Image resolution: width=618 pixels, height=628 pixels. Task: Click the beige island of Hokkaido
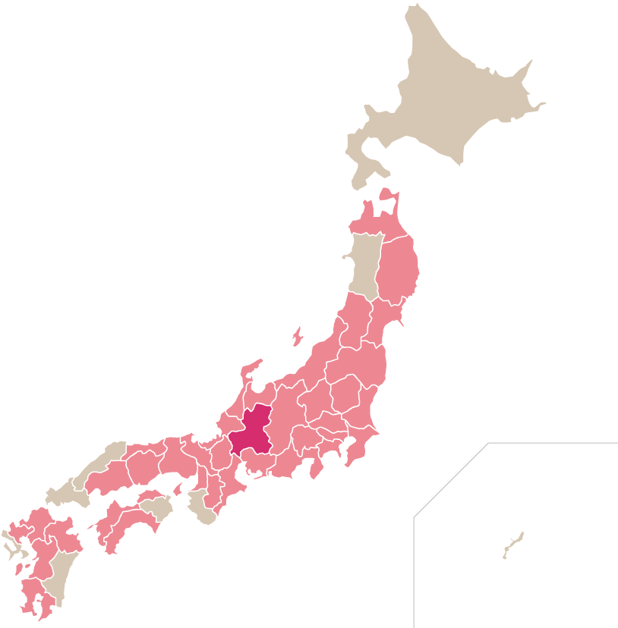(448, 91)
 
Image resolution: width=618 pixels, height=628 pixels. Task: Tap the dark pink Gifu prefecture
(253, 432)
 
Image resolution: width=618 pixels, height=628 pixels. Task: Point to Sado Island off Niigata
(297, 335)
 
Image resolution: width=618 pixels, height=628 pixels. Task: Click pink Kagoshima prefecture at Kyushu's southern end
(34, 595)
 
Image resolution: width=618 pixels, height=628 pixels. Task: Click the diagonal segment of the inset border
(451, 480)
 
